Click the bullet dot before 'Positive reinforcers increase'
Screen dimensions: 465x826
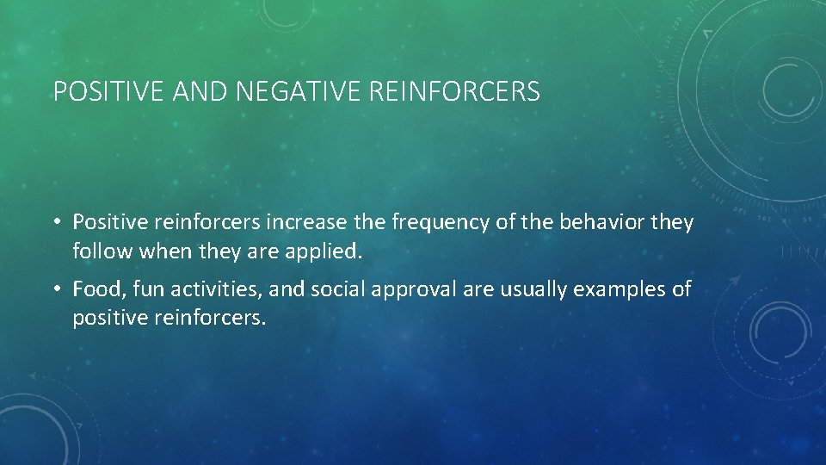[56, 223]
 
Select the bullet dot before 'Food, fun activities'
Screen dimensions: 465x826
[56, 289]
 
